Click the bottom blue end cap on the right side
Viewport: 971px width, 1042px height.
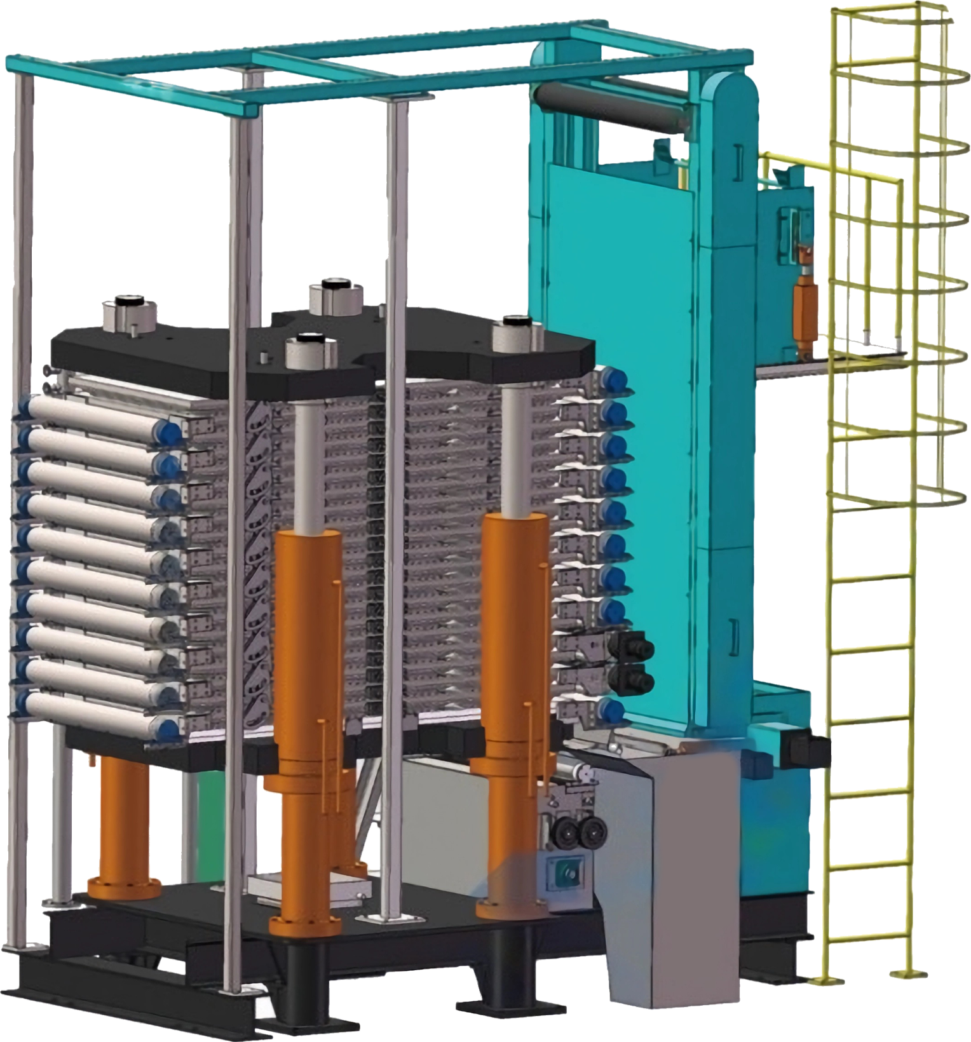tap(611, 710)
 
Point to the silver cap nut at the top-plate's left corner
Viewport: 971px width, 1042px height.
tap(130, 313)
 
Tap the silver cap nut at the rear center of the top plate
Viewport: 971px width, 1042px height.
tap(336, 296)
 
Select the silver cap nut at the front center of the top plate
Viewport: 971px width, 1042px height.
tap(311, 351)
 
